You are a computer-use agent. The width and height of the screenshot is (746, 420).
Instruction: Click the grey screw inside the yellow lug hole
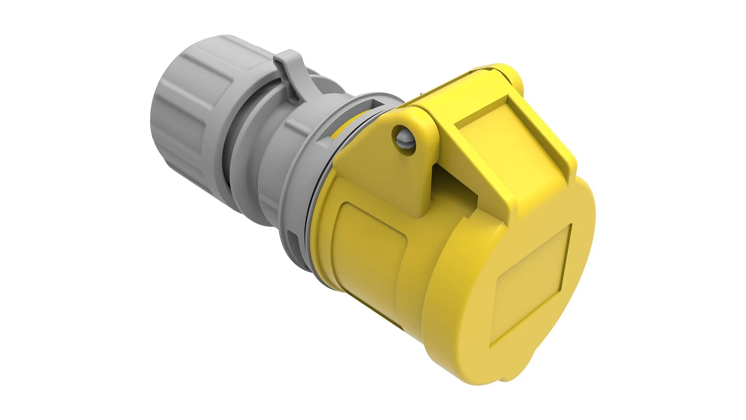point(402,134)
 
